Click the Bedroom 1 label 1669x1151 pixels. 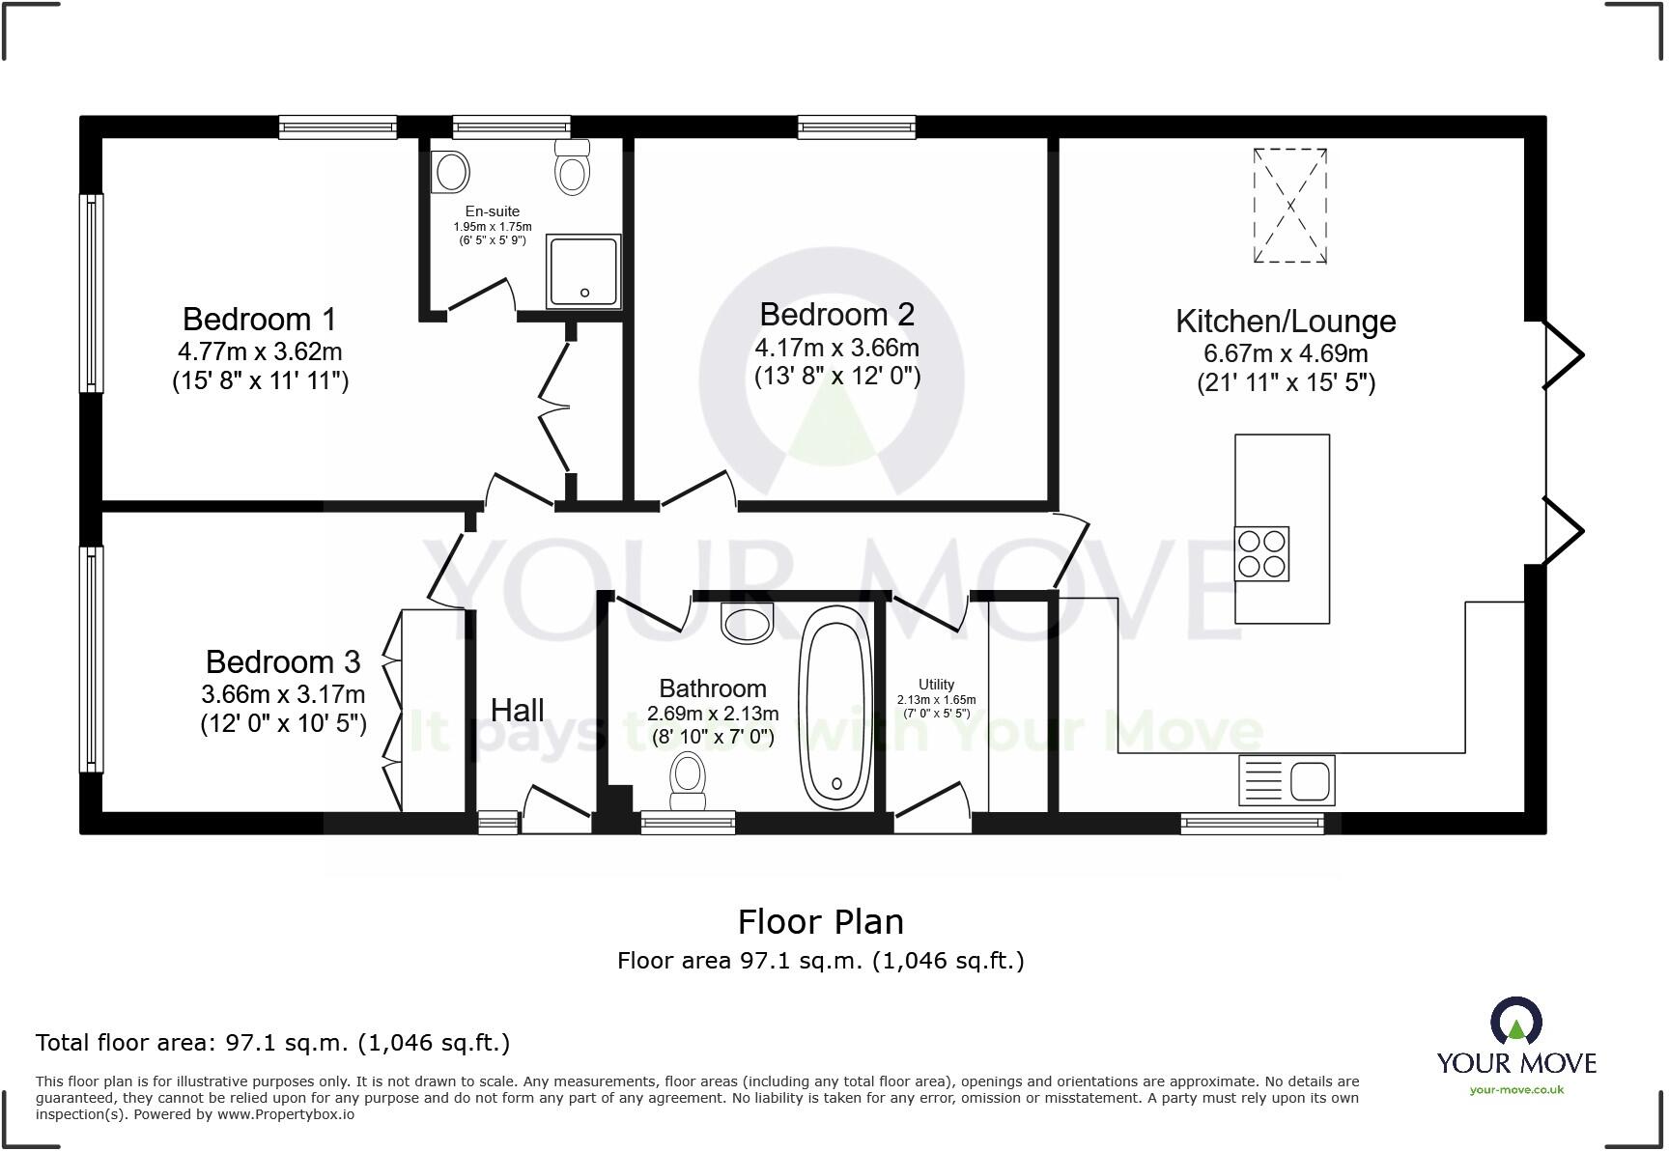pos(260,319)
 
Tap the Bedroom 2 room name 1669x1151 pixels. pos(836,314)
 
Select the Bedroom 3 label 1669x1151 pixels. pos(283,661)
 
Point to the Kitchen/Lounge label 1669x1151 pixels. pos(1286,321)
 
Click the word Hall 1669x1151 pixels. pos(518,710)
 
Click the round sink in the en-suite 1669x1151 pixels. pos(451,173)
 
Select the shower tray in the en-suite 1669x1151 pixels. pos(583,271)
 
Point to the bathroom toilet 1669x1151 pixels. pos(688,783)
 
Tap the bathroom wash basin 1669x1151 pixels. pos(748,623)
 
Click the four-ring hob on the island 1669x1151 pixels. pos(1261,553)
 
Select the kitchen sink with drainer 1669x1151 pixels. pos(1287,780)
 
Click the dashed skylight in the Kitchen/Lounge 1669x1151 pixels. pos(1289,206)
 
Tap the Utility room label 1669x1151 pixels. pos(936,685)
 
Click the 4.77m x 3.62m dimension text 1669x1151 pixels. pos(260,351)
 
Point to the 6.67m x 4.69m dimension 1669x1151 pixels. pos(1286,353)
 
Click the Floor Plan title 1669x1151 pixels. pos(821,922)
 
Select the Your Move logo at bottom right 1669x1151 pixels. pos(1516,1046)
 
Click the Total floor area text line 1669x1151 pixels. pos(272,1043)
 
